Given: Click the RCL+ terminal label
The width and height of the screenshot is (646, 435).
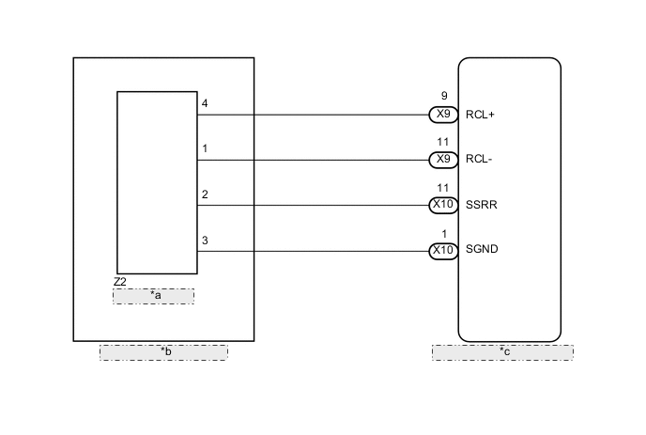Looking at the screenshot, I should click(480, 116).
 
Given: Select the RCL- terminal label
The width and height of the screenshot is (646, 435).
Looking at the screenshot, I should click(479, 160).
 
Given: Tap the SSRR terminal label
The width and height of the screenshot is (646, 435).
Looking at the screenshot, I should click(481, 205).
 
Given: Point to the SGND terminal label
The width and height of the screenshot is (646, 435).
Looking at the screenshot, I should click(482, 250).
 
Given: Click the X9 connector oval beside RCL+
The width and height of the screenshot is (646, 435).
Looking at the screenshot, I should click(443, 115).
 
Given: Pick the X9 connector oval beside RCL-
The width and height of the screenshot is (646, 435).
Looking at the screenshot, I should click(443, 160).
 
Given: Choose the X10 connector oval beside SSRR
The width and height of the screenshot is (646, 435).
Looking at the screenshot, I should click(443, 205).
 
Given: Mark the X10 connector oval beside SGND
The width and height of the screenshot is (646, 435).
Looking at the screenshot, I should click(443, 250).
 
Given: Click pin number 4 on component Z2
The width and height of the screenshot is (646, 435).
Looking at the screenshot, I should click(205, 103).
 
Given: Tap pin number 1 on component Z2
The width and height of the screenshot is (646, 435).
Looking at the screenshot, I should click(205, 148).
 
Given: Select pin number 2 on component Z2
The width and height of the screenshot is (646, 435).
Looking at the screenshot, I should click(205, 194).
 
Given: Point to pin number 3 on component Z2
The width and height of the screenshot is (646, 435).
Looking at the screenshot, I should click(205, 241).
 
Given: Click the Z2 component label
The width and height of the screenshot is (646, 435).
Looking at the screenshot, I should click(119, 282).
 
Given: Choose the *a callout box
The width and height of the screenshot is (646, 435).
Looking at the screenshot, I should click(154, 296).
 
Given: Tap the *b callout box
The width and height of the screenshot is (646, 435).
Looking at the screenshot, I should click(164, 352).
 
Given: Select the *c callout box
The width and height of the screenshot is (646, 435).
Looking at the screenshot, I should click(502, 352).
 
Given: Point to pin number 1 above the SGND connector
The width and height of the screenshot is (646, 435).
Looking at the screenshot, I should click(443, 233).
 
